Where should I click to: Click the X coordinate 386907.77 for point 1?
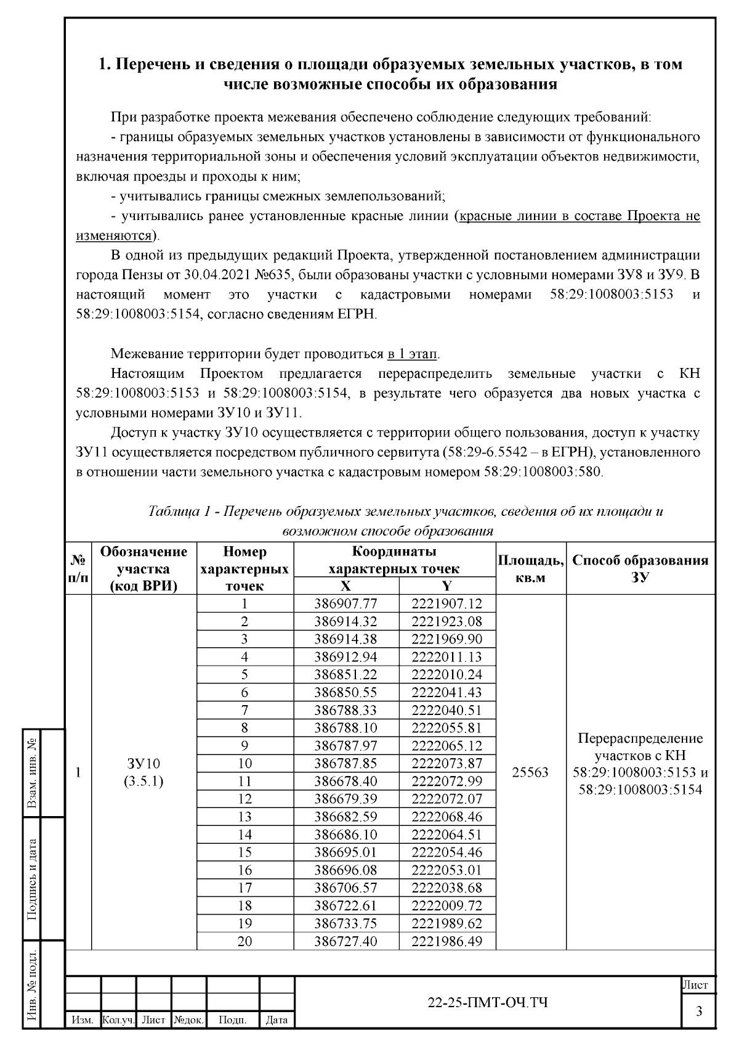(x=345, y=604)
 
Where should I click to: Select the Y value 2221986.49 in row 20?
(x=446, y=941)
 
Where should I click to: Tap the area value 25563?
(x=530, y=772)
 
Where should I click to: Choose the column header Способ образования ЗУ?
(x=640, y=568)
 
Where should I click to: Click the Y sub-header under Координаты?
(x=447, y=586)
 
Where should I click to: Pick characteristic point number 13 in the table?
(x=244, y=817)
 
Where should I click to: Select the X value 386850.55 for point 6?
(x=345, y=692)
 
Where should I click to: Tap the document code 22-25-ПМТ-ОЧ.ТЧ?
(x=488, y=1003)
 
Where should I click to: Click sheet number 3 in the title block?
(x=698, y=1011)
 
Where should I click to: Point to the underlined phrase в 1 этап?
(x=413, y=354)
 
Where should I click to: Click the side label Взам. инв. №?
(x=32, y=774)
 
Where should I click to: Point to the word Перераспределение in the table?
(x=640, y=738)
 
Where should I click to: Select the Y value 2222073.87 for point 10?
(x=446, y=763)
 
